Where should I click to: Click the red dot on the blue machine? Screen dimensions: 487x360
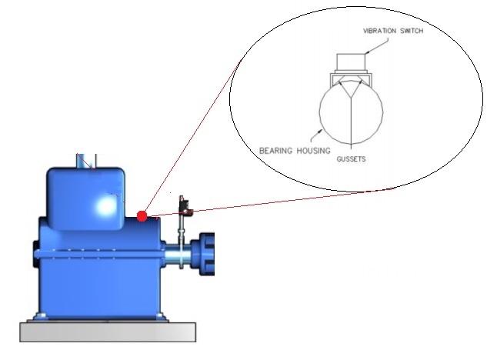tap(142, 216)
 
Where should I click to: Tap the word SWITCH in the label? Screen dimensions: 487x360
tap(412, 31)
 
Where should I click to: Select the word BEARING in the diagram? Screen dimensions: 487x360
tap(275, 151)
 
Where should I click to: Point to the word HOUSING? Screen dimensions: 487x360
tap(313, 151)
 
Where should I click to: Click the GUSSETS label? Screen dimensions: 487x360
tap(351, 159)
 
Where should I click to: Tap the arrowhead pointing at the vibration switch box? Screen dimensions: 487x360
tap(367, 52)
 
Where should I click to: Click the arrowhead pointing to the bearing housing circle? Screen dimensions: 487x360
tap(320, 132)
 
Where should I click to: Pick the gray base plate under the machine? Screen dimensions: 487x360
tap(108, 332)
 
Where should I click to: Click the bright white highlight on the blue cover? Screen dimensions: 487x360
tap(106, 205)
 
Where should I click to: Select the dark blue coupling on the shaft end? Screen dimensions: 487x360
tap(203, 254)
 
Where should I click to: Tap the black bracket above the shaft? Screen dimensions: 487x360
tap(185, 205)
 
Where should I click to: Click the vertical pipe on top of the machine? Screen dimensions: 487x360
tap(87, 162)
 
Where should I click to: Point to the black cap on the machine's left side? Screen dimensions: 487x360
tap(35, 254)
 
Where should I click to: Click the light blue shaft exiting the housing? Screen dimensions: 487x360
tap(177, 254)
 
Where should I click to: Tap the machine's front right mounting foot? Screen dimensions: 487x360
tap(161, 316)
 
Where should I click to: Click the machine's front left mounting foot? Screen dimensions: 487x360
tap(40, 316)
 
